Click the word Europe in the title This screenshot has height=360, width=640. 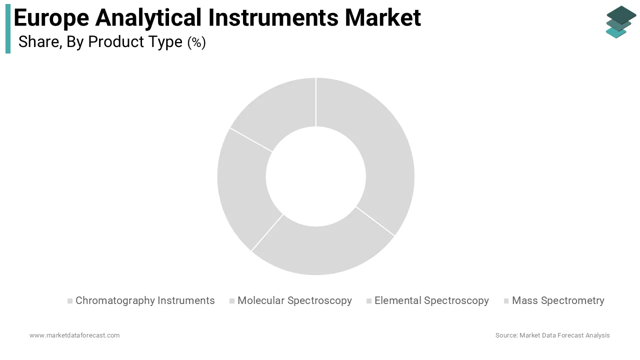pyautogui.click(x=51, y=17)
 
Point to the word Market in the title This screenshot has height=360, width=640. pyautogui.click(x=382, y=17)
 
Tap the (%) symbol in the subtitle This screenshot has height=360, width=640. pyautogui.click(x=196, y=42)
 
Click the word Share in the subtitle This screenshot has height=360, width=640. pyautogui.click(x=38, y=42)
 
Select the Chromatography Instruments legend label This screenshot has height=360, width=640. pyautogui.click(x=145, y=300)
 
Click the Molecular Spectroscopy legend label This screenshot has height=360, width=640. pyautogui.click(x=294, y=300)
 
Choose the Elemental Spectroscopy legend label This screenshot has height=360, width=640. pyautogui.click(x=431, y=300)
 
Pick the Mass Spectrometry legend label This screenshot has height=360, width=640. pyautogui.click(x=558, y=300)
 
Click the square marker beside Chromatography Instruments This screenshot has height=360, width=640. pyautogui.click(x=70, y=301)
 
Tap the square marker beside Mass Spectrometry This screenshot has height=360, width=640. pyautogui.click(x=506, y=301)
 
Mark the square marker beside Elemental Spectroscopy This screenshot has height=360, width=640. pyautogui.click(x=369, y=301)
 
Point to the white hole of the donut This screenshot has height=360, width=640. pyautogui.click(x=316, y=176)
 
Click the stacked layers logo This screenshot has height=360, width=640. pyautogui.click(x=620, y=21)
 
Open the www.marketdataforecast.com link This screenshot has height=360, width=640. pyautogui.click(x=74, y=335)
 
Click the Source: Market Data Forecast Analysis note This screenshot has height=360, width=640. pyautogui.click(x=552, y=335)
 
